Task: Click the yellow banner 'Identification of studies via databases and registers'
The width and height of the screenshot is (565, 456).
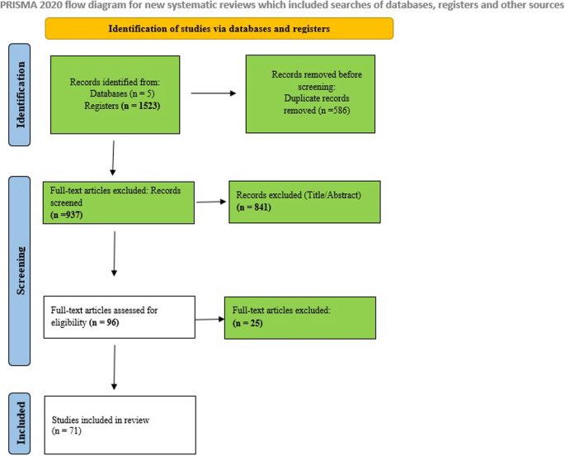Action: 219,29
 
